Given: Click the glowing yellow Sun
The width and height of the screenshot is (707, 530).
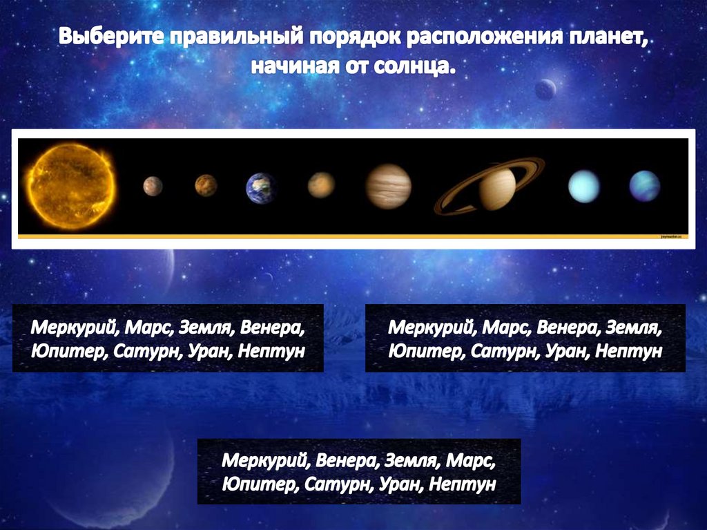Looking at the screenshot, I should click(72, 186).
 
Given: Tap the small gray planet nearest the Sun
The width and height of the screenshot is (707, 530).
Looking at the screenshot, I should click(153, 186).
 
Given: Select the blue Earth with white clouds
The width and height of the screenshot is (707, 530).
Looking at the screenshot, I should click(262, 188).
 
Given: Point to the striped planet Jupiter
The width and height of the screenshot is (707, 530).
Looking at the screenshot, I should click(389, 187).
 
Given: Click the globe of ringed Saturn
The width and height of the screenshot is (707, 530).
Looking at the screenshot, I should click(497, 189).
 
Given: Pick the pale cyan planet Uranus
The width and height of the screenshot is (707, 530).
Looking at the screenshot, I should click(583, 187).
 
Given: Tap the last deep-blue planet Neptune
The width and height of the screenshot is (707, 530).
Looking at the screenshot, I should click(644, 186).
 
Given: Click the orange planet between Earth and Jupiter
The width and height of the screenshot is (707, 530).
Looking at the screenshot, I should click(321, 185).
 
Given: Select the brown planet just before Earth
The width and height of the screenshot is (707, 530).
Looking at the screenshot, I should click(206, 185).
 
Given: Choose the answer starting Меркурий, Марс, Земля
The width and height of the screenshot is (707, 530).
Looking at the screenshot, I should click(168, 338).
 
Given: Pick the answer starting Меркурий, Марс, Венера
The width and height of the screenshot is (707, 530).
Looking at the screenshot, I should click(525, 338).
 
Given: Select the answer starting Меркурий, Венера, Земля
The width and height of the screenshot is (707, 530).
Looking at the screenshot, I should click(359, 471).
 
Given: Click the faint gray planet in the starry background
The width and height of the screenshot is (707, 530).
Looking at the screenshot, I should click(545, 89).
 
